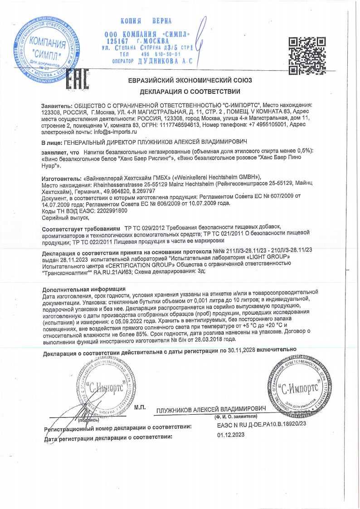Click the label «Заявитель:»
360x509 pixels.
point(56,105)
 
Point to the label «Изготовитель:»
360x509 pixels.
point(61,179)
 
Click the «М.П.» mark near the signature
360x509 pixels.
point(140,407)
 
